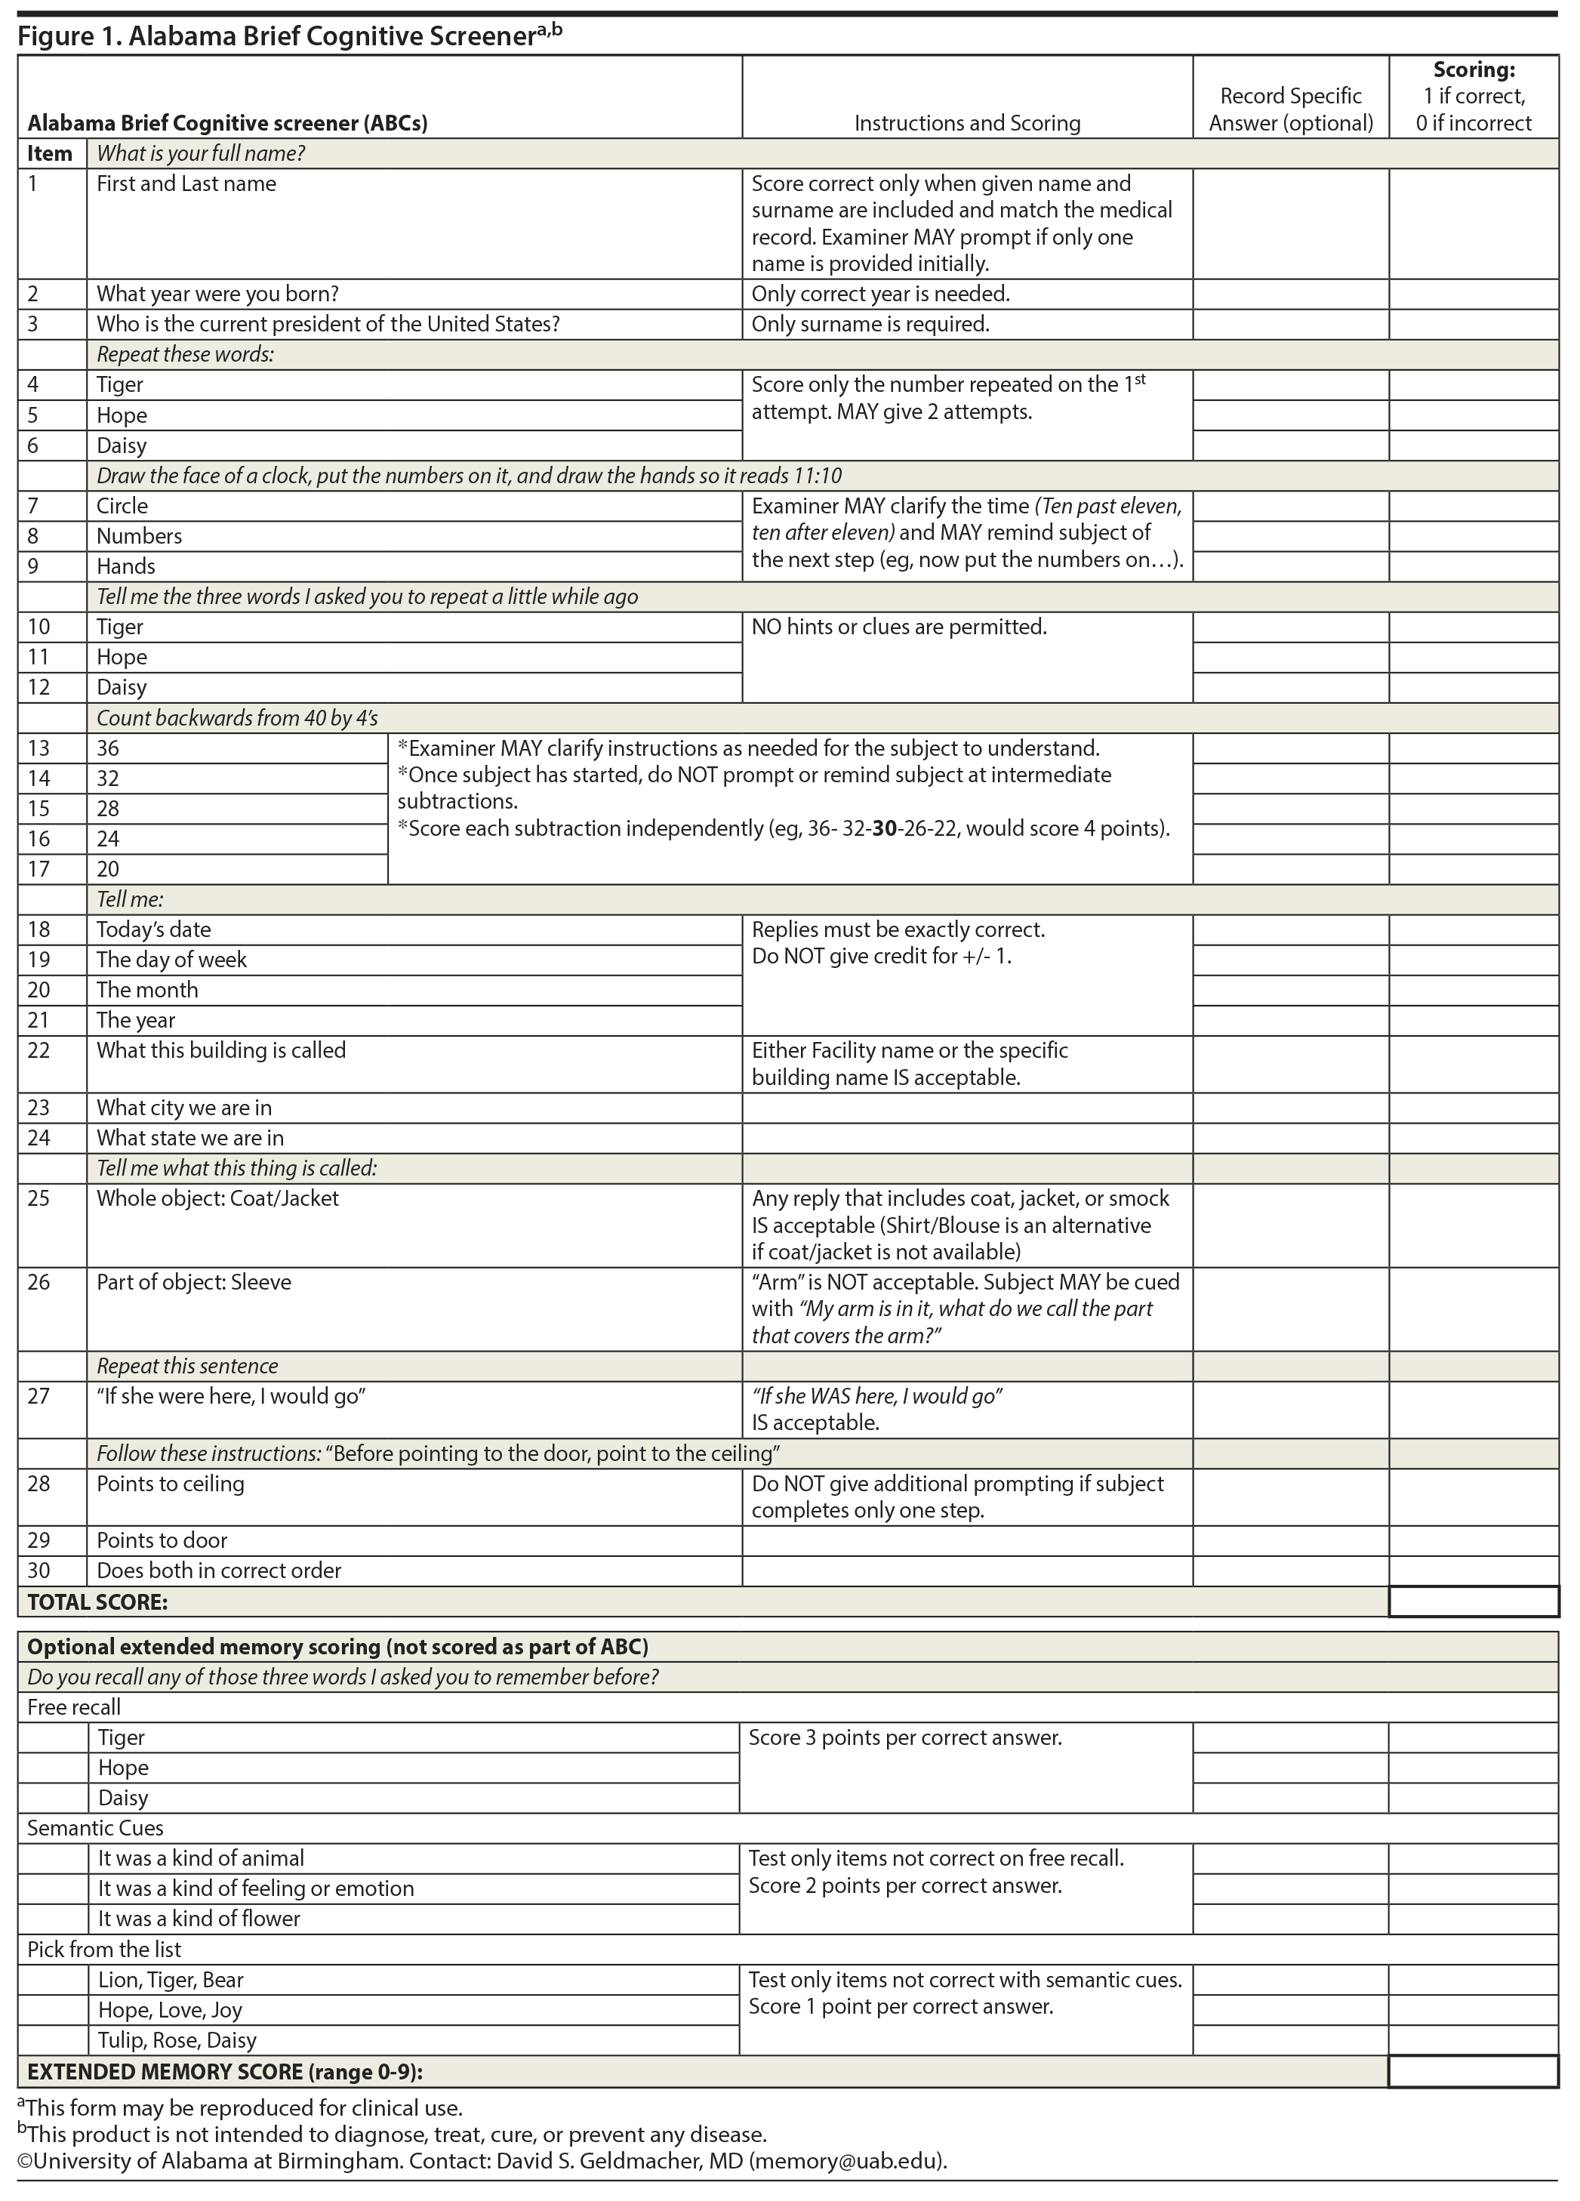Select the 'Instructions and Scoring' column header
[x=966, y=123]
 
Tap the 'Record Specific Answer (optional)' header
[x=1290, y=109]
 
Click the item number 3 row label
[x=33, y=324]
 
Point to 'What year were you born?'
[x=217, y=294]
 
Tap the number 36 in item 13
[x=108, y=748]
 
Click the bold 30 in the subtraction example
[x=884, y=829]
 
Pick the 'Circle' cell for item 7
[x=122, y=506]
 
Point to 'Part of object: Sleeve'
[x=193, y=1282]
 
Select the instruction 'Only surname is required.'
[x=870, y=324]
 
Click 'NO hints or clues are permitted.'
[x=898, y=627]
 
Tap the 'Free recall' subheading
[x=74, y=1707]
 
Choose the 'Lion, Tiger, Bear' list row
[x=171, y=1980]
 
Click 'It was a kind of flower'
[x=199, y=1919]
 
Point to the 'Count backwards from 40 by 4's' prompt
[x=237, y=718]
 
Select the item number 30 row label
[x=38, y=1571]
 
